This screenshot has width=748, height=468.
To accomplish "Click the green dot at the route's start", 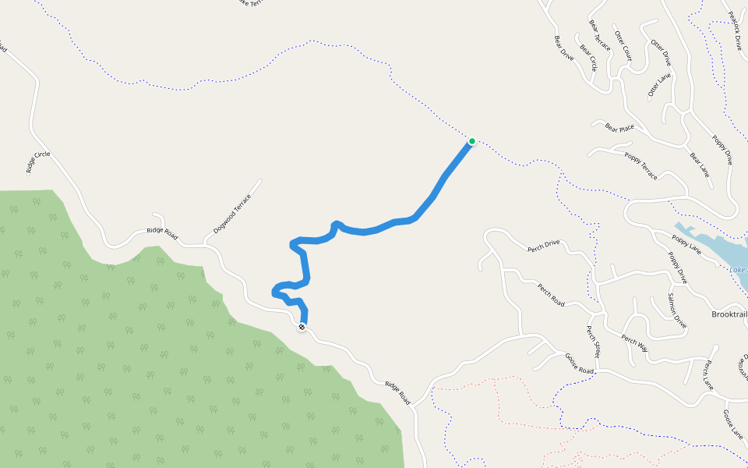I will (472, 141).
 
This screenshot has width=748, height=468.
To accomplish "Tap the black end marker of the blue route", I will (302, 327).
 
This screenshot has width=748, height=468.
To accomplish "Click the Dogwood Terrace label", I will (233, 214).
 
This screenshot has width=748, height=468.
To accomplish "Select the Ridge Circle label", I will (37, 162).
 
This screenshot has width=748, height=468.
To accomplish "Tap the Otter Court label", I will (623, 46).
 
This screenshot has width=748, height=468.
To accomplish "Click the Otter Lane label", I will (659, 85).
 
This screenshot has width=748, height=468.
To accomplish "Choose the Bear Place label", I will (619, 127).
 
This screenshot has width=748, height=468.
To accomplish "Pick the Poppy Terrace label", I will (640, 165).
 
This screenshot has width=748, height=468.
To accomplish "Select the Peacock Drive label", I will (735, 30).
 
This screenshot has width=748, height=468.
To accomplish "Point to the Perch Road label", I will (551, 293).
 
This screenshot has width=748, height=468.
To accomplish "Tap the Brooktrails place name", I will (729, 314).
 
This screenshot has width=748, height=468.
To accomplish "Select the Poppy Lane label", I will (685, 243).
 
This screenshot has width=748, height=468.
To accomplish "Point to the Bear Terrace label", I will (600, 35).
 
